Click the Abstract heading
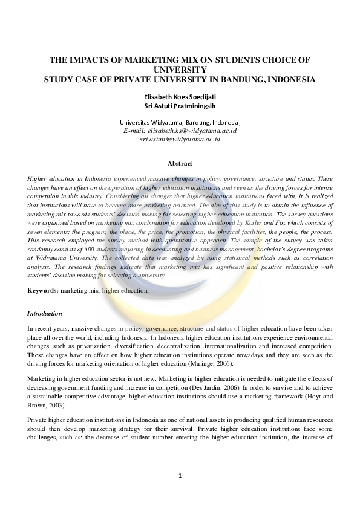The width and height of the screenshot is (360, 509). pyautogui.click(x=180, y=164)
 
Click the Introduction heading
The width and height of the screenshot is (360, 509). pyautogui.click(x=45, y=314)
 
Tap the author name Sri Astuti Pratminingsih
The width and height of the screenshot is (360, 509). pyautogui.click(x=180, y=105)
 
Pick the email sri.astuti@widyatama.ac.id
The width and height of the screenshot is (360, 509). pyautogui.click(x=180, y=139)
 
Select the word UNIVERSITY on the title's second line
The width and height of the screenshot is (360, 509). pyautogui.click(x=180, y=70)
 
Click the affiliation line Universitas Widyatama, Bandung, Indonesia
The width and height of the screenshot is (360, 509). pyautogui.click(x=180, y=121)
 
